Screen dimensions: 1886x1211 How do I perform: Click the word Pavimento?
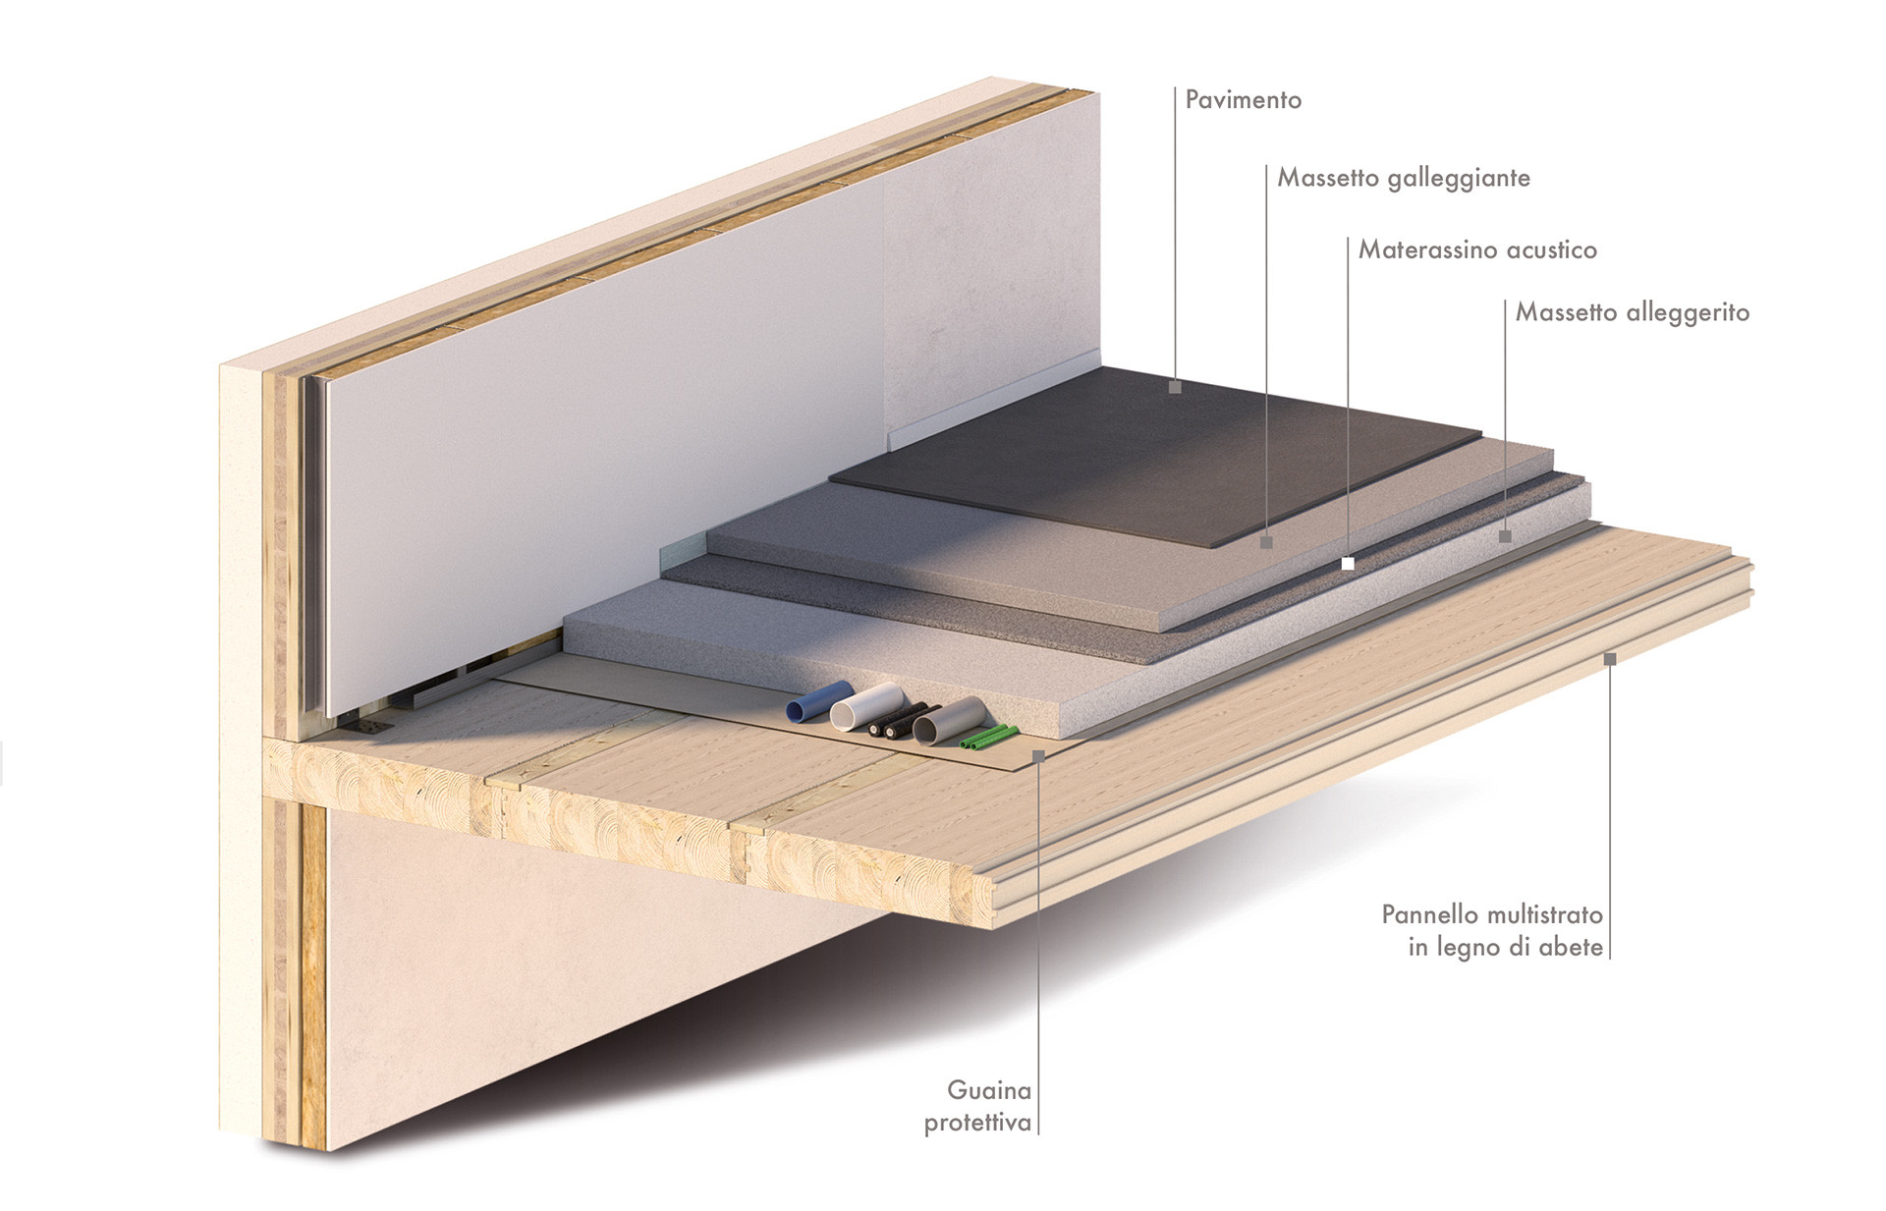click(x=1243, y=100)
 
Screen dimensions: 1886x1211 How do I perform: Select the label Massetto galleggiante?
click(x=1404, y=179)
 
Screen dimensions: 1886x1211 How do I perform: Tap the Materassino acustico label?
click(x=1477, y=249)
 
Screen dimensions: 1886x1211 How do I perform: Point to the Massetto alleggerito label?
click(x=1633, y=313)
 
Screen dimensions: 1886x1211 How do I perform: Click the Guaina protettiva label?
click(x=978, y=1106)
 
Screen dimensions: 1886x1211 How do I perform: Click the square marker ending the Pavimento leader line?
click(x=1175, y=387)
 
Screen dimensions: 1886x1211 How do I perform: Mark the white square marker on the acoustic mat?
click(x=1348, y=564)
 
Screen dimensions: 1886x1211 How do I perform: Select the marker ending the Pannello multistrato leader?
click(x=1610, y=659)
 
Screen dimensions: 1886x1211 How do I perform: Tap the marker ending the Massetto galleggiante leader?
click(x=1267, y=541)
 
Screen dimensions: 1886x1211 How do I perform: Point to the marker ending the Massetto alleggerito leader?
click(x=1505, y=536)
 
